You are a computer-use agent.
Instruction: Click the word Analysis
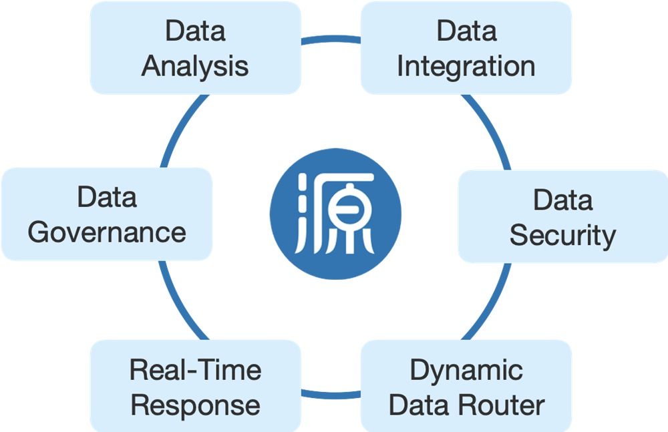pos(195,66)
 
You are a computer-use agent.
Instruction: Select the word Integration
pos(466,66)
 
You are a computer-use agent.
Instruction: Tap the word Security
pos(562,235)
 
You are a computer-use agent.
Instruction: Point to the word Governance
pos(107,232)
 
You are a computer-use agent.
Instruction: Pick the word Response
pos(195,405)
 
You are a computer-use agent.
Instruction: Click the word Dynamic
pos(466,370)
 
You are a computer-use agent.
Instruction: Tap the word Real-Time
pos(195,370)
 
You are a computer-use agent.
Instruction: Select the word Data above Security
pos(562,200)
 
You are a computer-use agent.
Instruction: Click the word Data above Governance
pos(107,197)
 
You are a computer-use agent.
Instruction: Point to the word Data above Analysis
pos(195,31)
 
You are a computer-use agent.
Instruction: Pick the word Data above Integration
pos(466,31)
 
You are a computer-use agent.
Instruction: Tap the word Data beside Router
pos(422,405)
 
